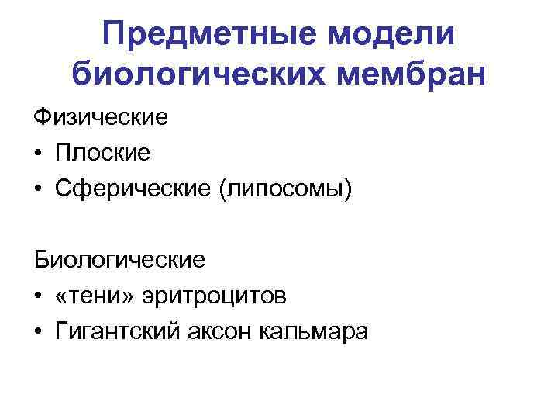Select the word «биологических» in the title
coord(199,76)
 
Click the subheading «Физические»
coord(100,119)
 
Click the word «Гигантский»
coord(115,331)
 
